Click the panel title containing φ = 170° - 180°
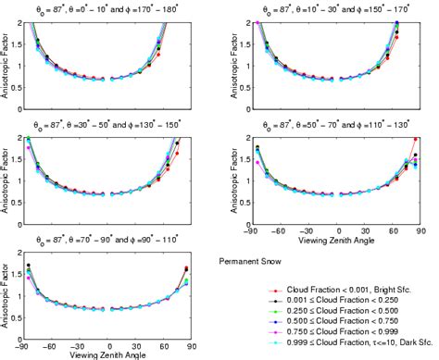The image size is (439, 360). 105,8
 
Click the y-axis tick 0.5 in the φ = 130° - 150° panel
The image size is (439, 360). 15,199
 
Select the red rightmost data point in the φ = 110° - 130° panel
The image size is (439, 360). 415,139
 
